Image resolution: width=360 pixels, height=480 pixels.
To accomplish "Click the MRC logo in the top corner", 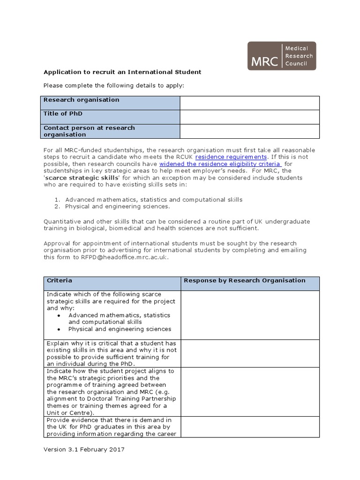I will click(x=282, y=56).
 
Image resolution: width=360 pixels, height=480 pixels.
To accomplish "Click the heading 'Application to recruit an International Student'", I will click(x=122, y=72).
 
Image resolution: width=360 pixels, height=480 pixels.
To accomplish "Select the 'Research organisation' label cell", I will click(x=111, y=103).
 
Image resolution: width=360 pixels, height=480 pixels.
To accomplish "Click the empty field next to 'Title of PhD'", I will click(x=249, y=117).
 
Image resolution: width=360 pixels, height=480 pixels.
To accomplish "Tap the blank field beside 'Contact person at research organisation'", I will click(x=249, y=131).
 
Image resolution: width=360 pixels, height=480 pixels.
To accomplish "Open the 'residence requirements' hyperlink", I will click(x=231, y=157).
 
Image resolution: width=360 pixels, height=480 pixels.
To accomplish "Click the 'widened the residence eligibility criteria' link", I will click(x=220, y=164).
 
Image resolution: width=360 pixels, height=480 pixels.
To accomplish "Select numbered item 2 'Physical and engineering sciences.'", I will click(x=117, y=206).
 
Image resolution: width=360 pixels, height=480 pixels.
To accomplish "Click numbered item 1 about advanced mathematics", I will click(x=153, y=200).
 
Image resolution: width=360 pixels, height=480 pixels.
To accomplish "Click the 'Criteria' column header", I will click(x=60, y=281).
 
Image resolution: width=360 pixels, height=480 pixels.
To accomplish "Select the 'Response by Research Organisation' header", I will click(x=244, y=281).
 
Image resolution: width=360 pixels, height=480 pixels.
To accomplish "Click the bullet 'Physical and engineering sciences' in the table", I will click(x=120, y=329).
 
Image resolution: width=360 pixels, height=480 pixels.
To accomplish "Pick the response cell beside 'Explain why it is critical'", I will click(x=249, y=353).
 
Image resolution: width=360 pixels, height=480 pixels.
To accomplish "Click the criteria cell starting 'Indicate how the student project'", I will click(x=112, y=392).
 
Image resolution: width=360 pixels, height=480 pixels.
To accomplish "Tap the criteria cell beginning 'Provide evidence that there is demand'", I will click(x=112, y=427).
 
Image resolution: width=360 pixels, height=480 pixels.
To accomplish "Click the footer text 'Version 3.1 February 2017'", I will click(x=84, y=450).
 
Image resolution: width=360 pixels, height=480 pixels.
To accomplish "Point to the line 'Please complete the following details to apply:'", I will click(x=114, y=86).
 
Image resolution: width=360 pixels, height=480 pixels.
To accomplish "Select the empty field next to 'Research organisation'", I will click(x=249, y=103).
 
